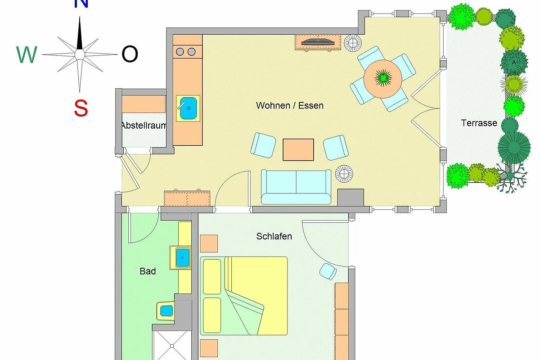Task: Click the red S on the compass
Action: pyautogui.click(x=81, y=108)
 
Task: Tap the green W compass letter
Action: pyautogui.click(x=27, y=54)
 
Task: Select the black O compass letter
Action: pyautogui.click(x=130, y=54)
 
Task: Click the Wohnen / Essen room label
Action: pyautogui.click(x=290, y=106)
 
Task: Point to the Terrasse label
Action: pyautogui.click(x=479, y=123)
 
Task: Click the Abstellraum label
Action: pyautogui.click(x=144, y=126)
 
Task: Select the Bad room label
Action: pyautogui.click(x=148, y=271)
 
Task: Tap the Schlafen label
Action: pyautogui.click(x=274, y=236)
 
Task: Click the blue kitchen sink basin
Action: pyautogui.click(x=188, y=108)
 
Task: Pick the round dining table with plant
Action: pyautogui.click(x=383, y=79)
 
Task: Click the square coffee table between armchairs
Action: pyautogui.click(x=298, y=149)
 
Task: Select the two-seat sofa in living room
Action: pyautogui.click(x=296, y=187)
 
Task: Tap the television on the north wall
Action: pyautogui.click(x=318, y=42)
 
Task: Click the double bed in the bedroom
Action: pyautogui.click(x=244, y=296)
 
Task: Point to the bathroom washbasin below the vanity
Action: pyautogui.click(x=166, y=310)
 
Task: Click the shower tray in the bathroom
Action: pyautogui.click(x=172, y=346)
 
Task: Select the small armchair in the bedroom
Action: pyautogui.click(x=328, y=271)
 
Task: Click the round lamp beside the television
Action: pyautogui.click(x=352, y=43)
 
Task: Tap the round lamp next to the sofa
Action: pyautogui.click(x=344, y=174)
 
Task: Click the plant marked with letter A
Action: pyautogui.click(x=514, y=63)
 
